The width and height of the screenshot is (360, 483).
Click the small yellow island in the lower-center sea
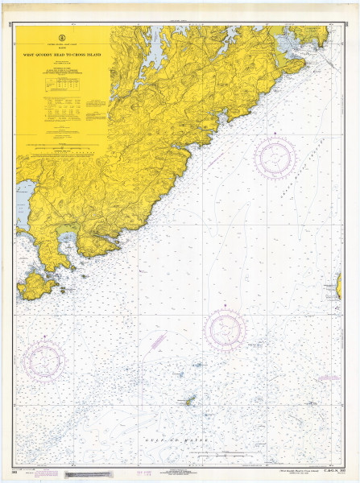pos(191,400)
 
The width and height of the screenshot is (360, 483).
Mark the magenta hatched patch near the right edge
pos(327,377)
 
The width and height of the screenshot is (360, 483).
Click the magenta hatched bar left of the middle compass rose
pos(159,339)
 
